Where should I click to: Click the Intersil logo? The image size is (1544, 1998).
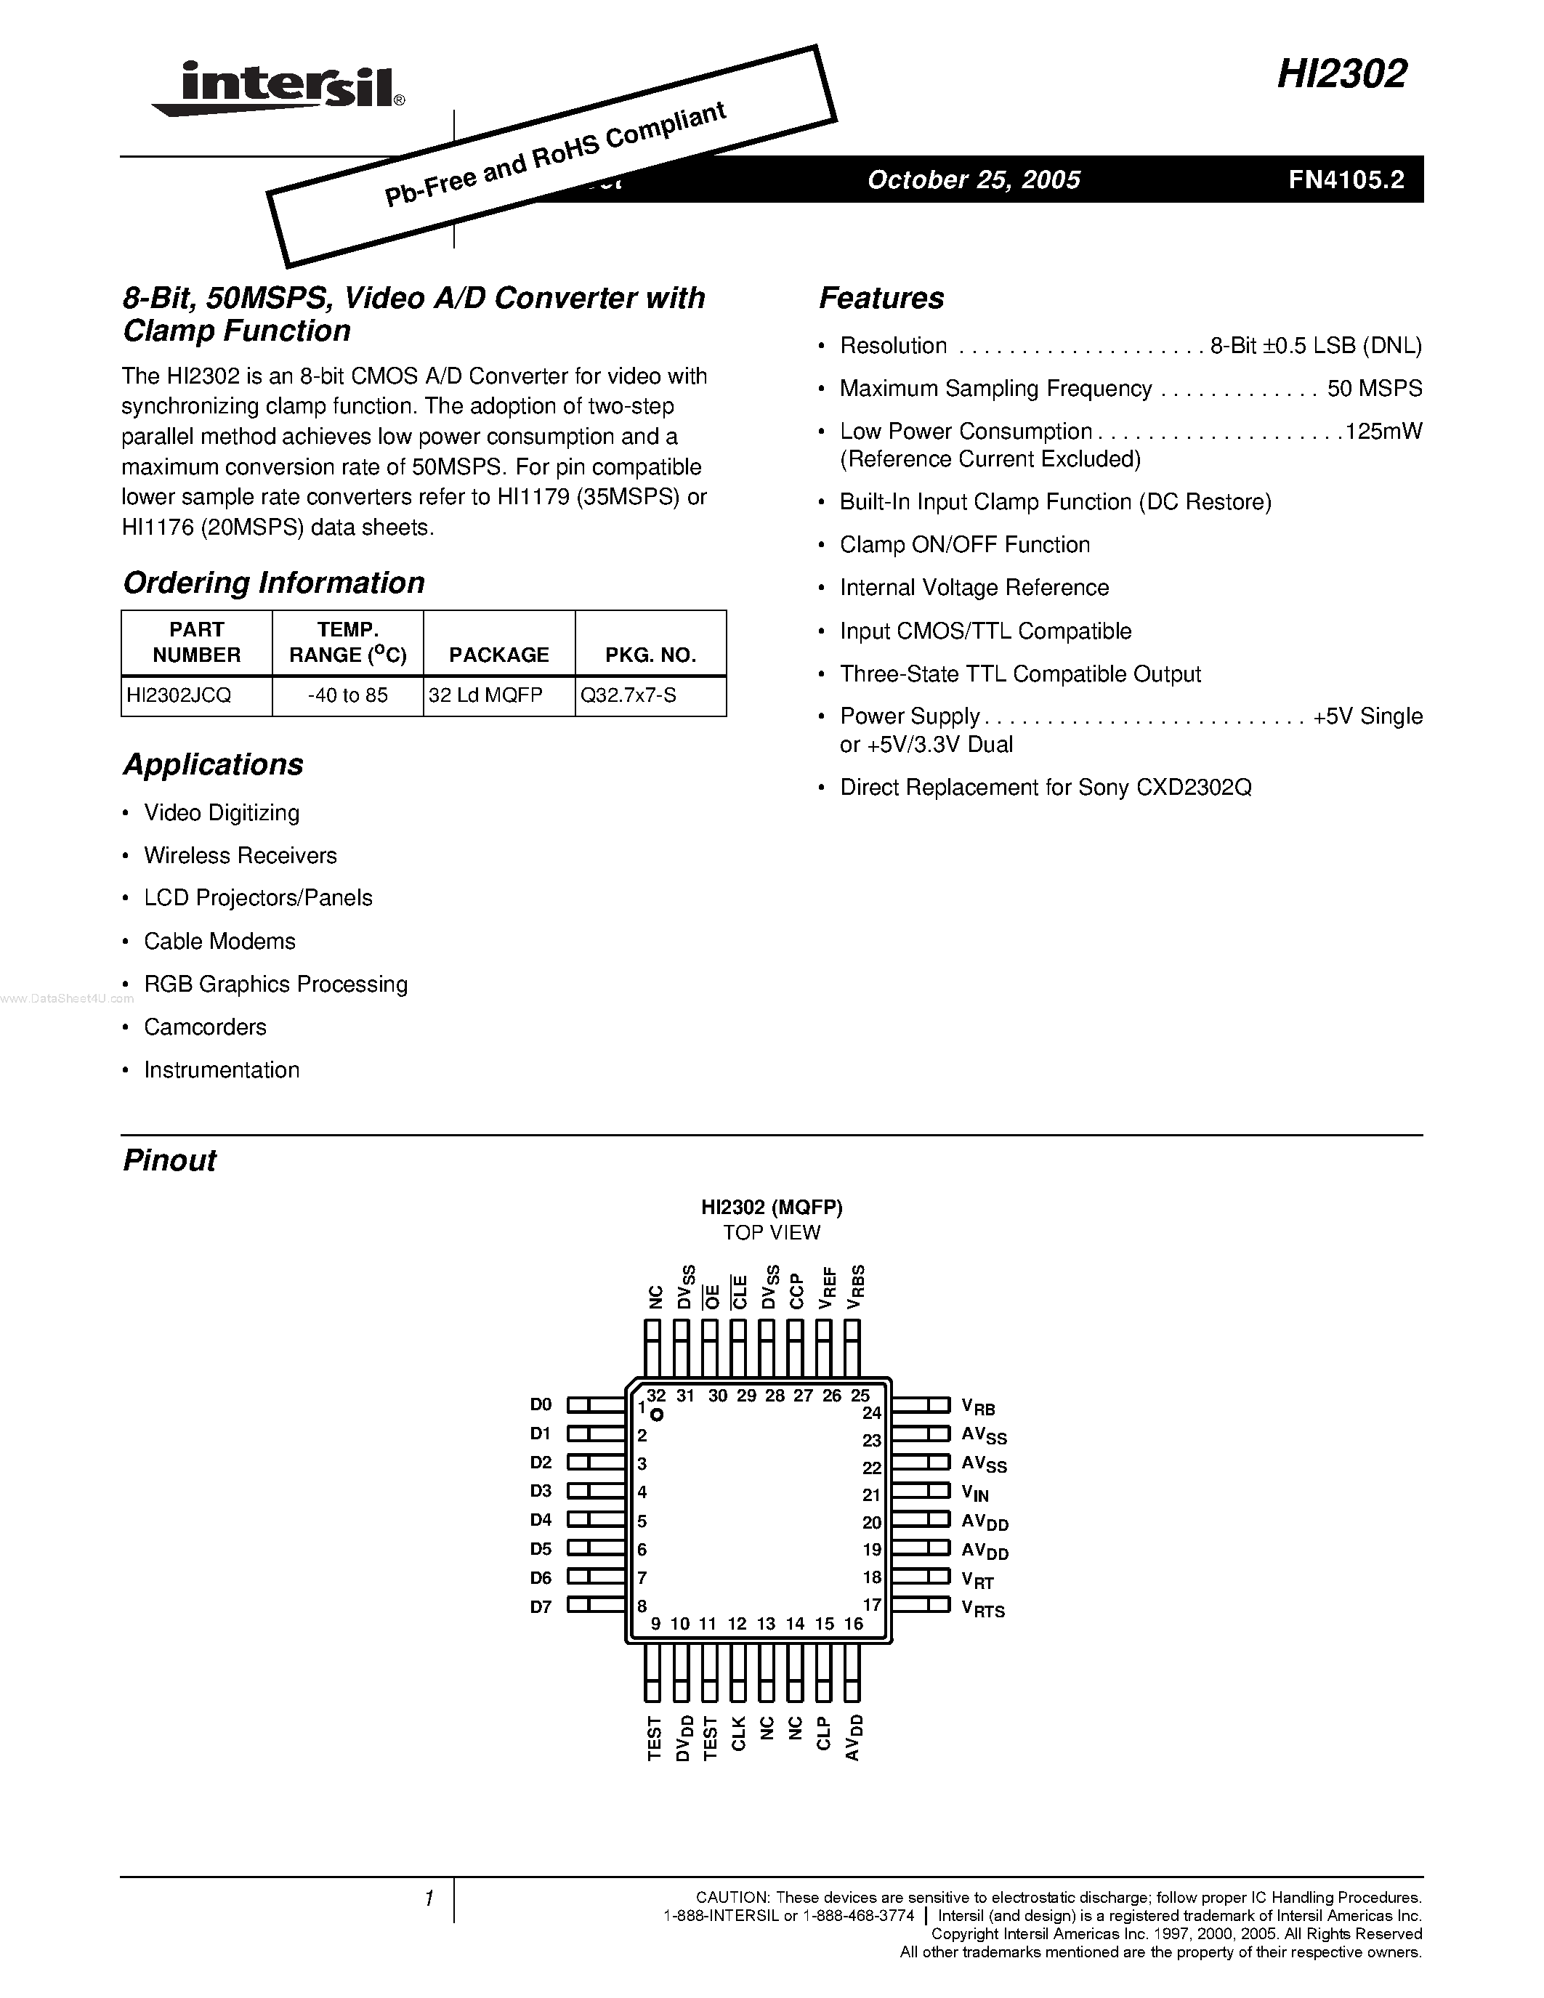pyautogui.click(x=279, y=89)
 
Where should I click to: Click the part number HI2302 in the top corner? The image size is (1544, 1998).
pyautogui.click(x=1341, y=75)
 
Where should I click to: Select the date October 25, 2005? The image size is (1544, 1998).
pyautogui.click(x=973, y=179)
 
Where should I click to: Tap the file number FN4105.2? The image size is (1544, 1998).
pyautogui.click(x=1346, y=179)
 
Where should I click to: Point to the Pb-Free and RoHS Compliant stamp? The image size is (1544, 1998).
pyautogui.click(x=552, y=155)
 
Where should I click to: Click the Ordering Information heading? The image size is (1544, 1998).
pyautogui.click(x=273, y=583)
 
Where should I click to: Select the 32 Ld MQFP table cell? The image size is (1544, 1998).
pyautogui.click(x=485, y=695)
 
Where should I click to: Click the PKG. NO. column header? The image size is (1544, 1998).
pyautogui.click(x=650, y=655)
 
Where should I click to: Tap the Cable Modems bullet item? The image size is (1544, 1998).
pyautogui.click(x=219, y=942)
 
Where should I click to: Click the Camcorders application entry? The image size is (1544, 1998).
pyautogui.click(x=205, y=1027)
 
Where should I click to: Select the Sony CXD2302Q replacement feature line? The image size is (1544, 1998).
pyautogui.click(x=1046, y=788)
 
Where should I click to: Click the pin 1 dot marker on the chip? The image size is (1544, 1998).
pyautogui.click(x=656, y=1415)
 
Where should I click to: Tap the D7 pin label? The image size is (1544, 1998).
pyautogui.click(x=541, y=1606)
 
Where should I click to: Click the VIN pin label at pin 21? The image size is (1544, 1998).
pyautogui.click(x=975, y=1494)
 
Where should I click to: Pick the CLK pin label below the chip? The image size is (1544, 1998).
pyautogui.click(x=738, y=1734)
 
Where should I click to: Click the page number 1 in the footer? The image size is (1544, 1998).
pyautogui.click(x=428, y=1899)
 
